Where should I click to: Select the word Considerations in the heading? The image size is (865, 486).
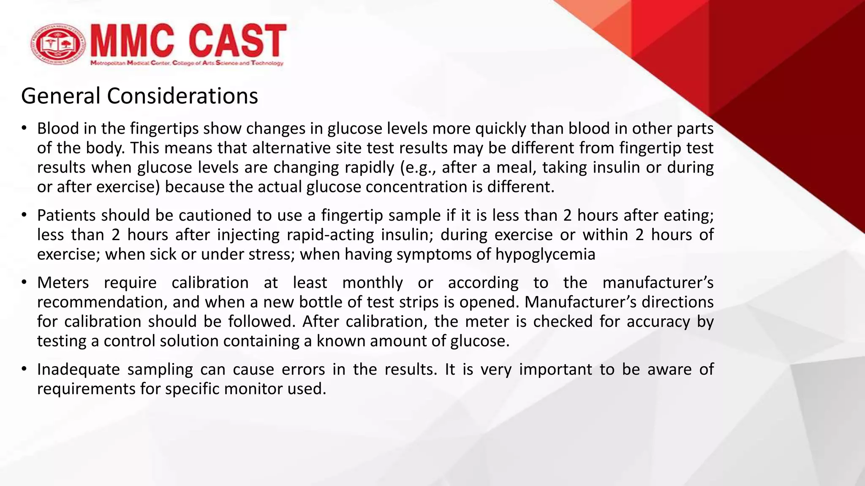pos(182,96)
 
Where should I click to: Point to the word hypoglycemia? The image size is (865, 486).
pos(545,254)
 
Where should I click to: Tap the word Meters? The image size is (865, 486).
pos(63,283)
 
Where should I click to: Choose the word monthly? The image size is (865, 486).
pos(373,283)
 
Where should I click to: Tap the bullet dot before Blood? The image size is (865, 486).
pos(24,129)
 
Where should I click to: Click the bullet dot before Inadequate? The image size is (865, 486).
pos(24,370)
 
